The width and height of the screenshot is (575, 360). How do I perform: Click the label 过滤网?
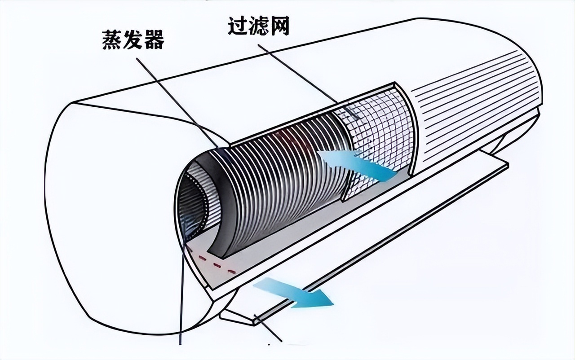click(258, 26)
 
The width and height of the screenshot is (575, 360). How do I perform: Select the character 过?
click(238, 26)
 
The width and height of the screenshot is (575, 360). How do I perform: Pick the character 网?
click(279, 26)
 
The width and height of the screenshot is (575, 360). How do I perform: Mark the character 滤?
click(258, 26)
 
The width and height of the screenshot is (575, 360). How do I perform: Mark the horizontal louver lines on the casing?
click(476, 99)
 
